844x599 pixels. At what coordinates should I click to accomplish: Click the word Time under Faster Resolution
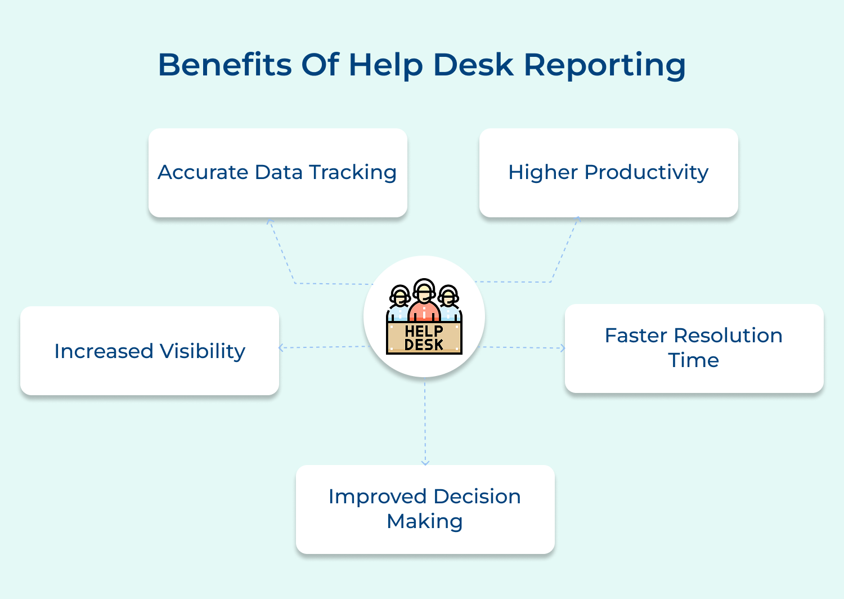click(x=693, y=360)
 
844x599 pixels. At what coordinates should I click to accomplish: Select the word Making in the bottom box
click(x=425, y=521)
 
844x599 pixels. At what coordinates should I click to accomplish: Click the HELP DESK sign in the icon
click(x=424, y=338)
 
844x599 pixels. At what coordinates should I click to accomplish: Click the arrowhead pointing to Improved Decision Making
click(x=425, y=462)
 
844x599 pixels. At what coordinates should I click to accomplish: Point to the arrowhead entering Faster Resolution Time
click(x=562, y=348)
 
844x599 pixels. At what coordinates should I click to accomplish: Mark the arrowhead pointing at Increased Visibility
click(x=281, y=348)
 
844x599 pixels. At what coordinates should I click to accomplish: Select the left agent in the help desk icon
click(x=399, y=304)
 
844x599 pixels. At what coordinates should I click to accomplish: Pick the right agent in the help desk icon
click(x=448, y=304)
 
